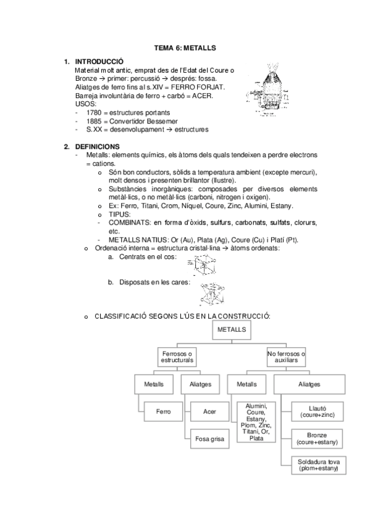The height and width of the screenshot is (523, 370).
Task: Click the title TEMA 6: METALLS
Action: click(185, 47)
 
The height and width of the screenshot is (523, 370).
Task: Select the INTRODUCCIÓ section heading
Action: click(99, 62)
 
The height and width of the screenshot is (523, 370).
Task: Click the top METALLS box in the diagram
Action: click(232, 331)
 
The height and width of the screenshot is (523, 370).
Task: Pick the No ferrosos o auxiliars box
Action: click(287, 356)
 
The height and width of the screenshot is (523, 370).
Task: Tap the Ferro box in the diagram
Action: click(163, 410)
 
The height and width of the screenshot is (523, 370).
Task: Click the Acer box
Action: click(209, 410)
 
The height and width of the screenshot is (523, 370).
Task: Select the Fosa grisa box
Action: click(209, 439)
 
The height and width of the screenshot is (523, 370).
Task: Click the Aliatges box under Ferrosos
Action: click(197, 384)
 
